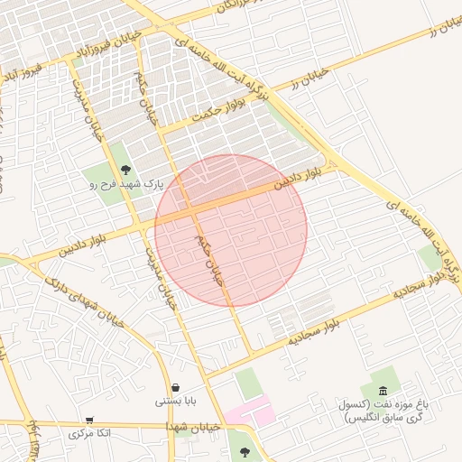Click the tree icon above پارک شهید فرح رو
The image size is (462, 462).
pyautogui.click(x=125, y=169)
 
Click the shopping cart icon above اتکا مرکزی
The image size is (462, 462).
pyautogui.click(x=89, y=420)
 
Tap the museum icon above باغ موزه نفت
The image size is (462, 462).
pyautogui.click(x=383, y=390)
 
